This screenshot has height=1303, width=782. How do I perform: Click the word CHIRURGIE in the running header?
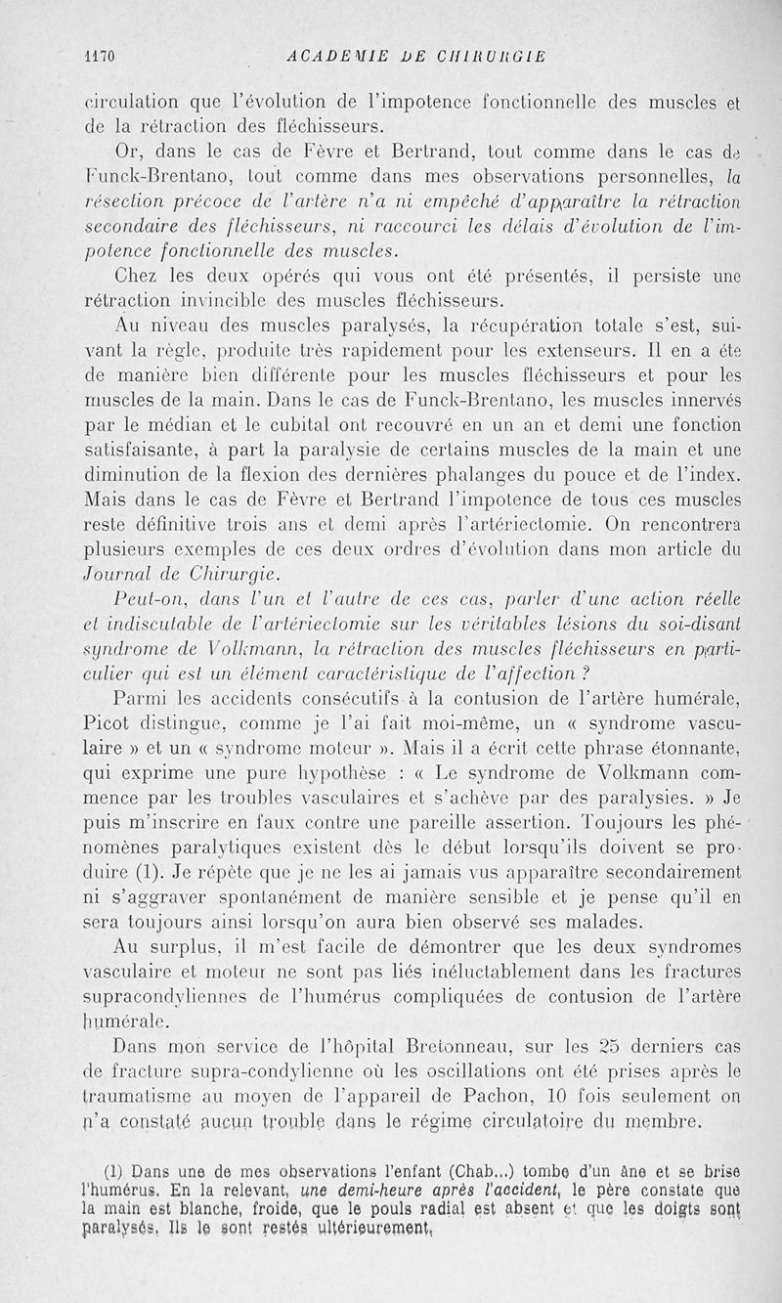[x=482, y=56]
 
